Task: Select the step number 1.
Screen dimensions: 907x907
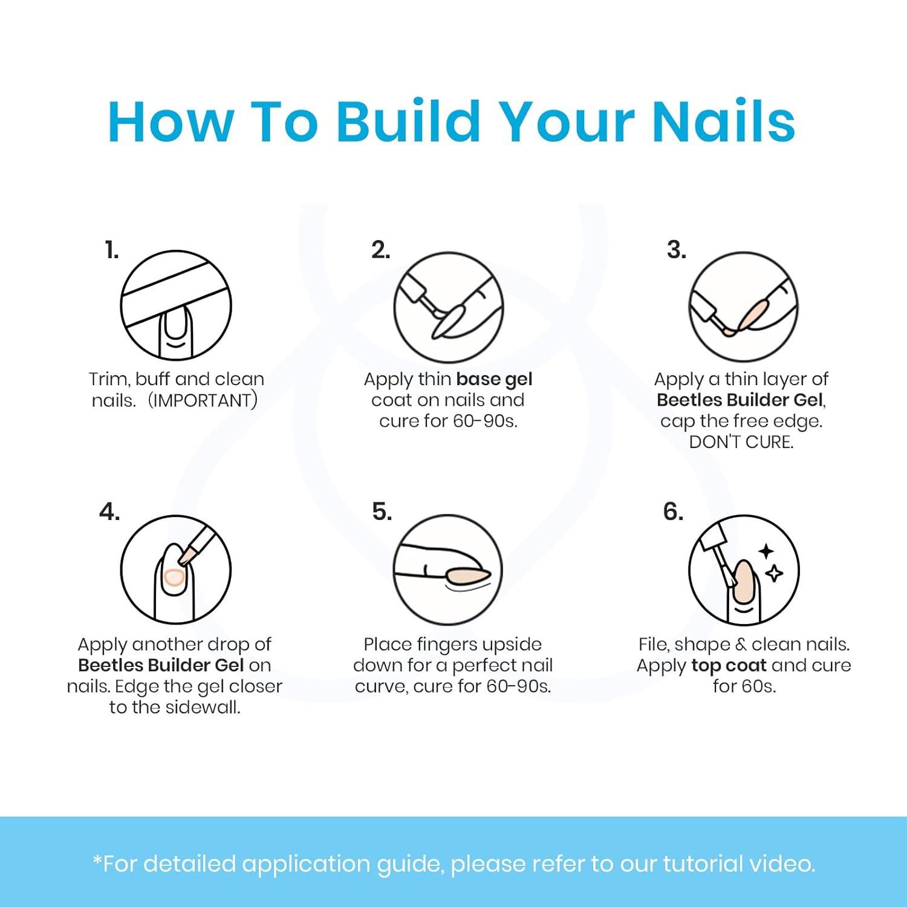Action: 112,250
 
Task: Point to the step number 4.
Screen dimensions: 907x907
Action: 109,512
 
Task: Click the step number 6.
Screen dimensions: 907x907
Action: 673,512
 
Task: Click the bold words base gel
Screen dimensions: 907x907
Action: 494,380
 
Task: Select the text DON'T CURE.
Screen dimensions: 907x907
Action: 741,442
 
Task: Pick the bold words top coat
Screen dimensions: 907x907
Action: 729,666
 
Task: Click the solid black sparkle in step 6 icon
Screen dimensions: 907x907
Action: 767,551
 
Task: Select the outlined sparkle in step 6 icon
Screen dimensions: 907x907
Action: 775,573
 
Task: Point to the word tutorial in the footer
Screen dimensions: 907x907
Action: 703,863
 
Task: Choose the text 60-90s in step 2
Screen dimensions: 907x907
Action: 485,421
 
